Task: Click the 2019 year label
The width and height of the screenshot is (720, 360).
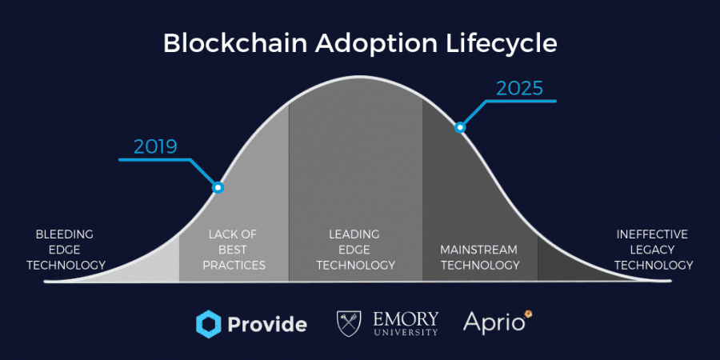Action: coord(156,147)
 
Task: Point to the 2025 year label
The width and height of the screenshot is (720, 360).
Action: coord(519,88)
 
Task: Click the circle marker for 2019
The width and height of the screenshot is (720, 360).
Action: coord(218,187)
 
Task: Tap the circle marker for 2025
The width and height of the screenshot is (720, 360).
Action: coord(460,128)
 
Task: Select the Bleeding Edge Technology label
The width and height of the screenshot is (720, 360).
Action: coord(66,250)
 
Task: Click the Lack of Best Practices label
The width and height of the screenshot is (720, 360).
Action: coord(234,250)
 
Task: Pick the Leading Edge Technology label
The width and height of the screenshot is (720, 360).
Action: coord(355,250)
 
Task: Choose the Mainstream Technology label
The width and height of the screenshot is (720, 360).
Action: coord(480,258)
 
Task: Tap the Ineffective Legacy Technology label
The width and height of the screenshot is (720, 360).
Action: coord(654,250)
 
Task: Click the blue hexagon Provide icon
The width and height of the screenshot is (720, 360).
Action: coord(209,324)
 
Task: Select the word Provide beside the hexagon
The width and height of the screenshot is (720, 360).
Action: coord(267,325)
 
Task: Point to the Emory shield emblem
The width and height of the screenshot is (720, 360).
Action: coord(349,324)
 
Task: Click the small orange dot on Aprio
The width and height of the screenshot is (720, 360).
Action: coord(529,314)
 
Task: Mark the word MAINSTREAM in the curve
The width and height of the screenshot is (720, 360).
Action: coord(479,250)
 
